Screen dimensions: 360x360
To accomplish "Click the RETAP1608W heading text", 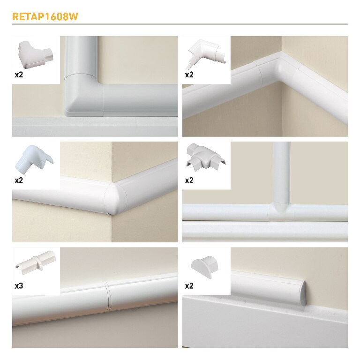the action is (x=45, y=16).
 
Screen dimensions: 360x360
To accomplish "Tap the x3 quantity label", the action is (x=19, y=286).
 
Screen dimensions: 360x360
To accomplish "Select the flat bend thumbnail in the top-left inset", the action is (x=36, y=55).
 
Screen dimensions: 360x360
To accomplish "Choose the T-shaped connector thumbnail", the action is (x=206, y=157).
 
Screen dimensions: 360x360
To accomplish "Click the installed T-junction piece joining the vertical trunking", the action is (x=281, y=210).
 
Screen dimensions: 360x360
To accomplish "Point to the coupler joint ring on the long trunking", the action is (x=107, y=296).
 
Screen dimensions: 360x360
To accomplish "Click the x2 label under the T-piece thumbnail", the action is (x=189, y=180).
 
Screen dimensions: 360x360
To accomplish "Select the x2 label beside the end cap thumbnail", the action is (x=189, y=286).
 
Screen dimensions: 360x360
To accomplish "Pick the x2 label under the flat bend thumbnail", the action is (x=19, y=75).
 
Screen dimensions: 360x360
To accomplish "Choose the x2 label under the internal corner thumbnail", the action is (x=189, y=75).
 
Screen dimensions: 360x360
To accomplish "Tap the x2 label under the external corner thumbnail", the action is (x=19, y=180).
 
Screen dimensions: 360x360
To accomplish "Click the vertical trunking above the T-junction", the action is (x=281, y=172).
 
